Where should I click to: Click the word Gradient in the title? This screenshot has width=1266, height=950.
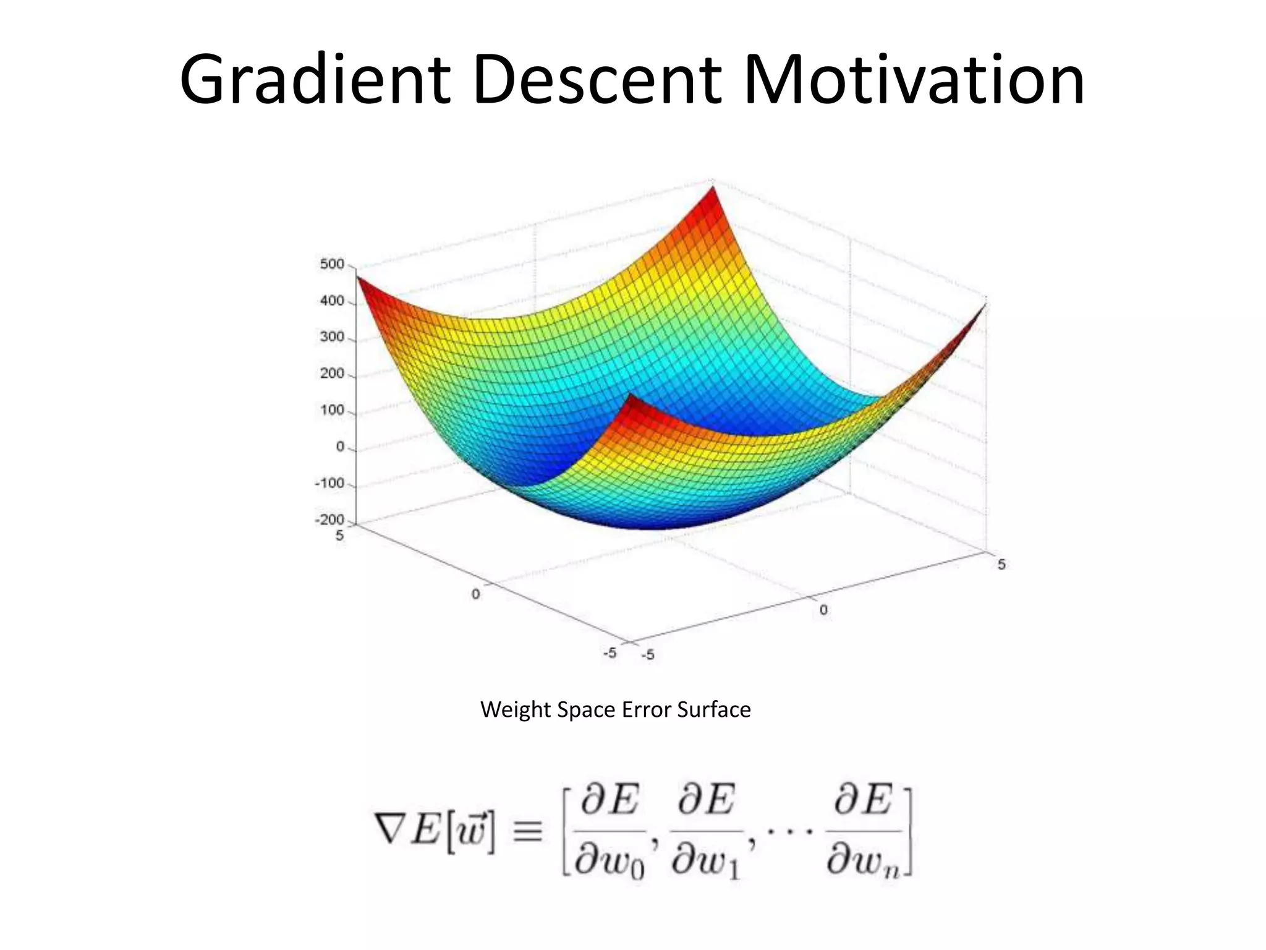coord(315,80)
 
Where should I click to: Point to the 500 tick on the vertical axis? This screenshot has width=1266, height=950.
coord(332,264)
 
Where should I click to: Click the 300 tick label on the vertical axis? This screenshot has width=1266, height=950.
coord(332,337)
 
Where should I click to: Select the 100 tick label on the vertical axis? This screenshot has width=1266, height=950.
coord(332,410)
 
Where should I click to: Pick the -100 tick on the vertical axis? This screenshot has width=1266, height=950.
coord(329,483)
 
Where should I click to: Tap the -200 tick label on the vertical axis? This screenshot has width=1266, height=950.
coord(329,520)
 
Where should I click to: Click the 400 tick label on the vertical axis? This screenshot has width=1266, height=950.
coord(332,301)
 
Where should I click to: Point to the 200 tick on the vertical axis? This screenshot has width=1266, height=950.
coord(332,374)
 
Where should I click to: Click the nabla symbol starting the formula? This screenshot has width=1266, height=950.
coord(390,829)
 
